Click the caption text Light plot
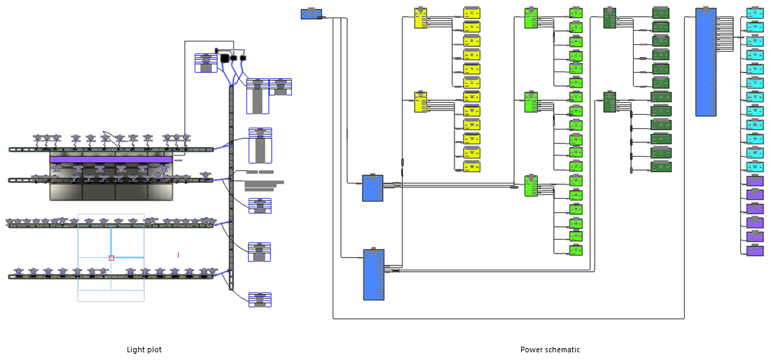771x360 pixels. (x=144, y=349)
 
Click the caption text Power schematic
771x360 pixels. (x=550, y=349)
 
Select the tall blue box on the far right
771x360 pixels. (x=705, y=62)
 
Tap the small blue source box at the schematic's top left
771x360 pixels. (x=311, y=13)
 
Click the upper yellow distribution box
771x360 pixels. (x=421, y=18)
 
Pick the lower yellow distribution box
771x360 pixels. (x=421, y=102)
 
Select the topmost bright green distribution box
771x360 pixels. (x=531, y=18)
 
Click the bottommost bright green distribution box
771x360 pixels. (x=531, y=186)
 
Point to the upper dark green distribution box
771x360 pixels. (x=609, y=18)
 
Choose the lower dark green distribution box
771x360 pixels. (x=609, y=102)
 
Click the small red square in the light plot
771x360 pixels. (x=111, y=258)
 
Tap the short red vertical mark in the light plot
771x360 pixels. (x=178, y=255)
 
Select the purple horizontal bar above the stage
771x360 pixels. (x=111, y=160)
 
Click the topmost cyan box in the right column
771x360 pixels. (x=755, y=13)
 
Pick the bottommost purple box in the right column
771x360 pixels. (x=755, y=251)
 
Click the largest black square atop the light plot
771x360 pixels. (x=225, y=59)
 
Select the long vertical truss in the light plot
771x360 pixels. (x=231, y=189)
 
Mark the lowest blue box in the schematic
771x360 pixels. (x=373, y=275)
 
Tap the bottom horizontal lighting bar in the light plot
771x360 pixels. (x=111, y=277)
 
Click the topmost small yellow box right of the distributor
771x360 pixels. (x=472, y=13)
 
